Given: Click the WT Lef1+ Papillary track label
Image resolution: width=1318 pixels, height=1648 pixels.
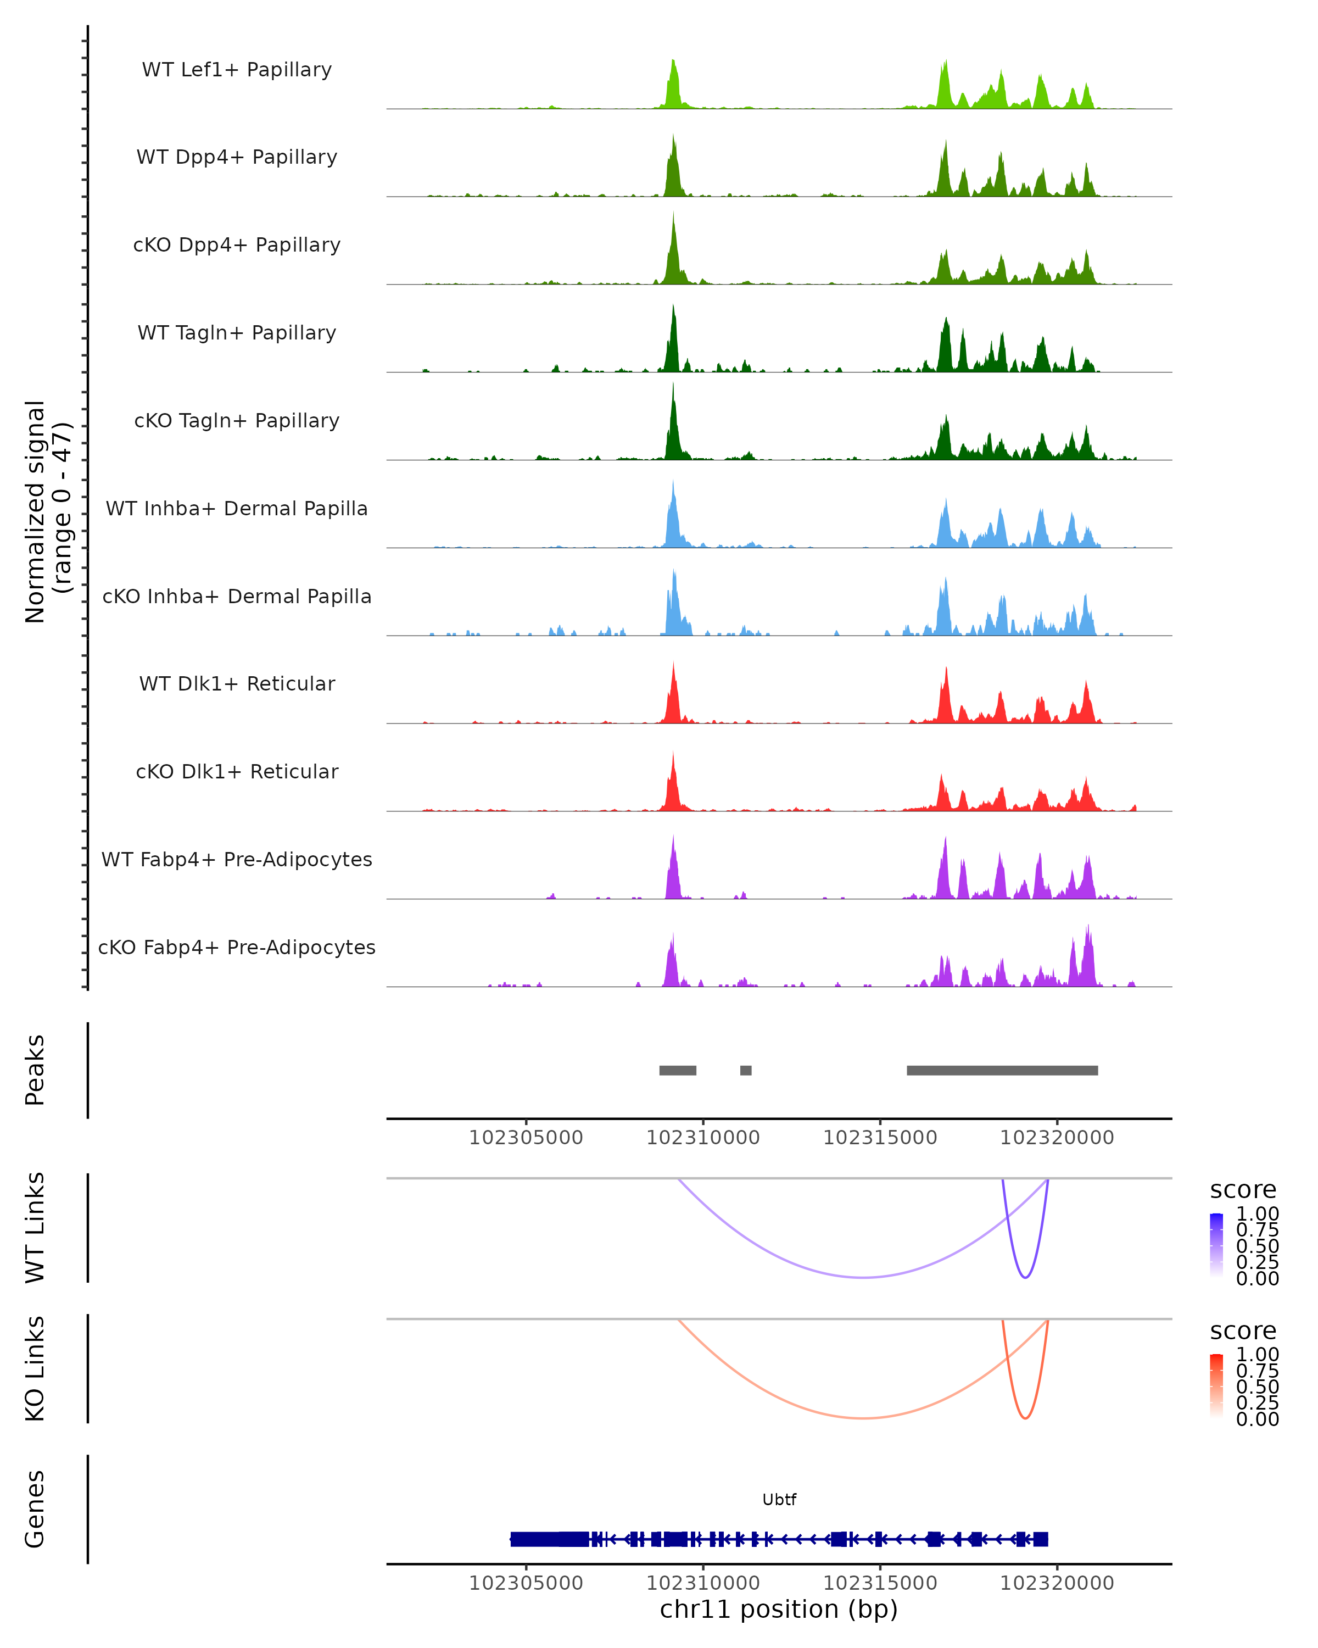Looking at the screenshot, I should pos(237,70).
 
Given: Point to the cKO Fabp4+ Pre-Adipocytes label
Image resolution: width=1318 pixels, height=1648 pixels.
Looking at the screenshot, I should pos(237,947).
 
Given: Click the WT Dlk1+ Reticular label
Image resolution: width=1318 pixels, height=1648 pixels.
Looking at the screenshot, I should pos(237,683).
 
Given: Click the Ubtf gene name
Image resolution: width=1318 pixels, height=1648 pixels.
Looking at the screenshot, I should pos(779,1500).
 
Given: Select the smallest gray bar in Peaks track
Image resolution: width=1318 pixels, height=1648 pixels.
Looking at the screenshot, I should pos(746,1070).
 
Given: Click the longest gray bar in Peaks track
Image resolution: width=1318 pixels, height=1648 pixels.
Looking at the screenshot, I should pos(1002,1070).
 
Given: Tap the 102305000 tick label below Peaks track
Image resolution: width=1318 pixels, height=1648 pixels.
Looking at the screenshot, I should pos(526,1138).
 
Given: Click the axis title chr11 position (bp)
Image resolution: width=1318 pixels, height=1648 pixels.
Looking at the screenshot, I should pos(779,1610).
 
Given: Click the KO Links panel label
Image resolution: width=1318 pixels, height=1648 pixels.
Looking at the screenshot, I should pos(35,1368).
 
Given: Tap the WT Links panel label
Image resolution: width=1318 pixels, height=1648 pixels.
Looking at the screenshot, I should pos(35,1228).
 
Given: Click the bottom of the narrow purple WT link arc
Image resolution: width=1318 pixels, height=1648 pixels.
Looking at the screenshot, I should pos(1025,1277).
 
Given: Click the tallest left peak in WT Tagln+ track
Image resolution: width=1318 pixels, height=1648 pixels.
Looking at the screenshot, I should pos(673,307).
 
